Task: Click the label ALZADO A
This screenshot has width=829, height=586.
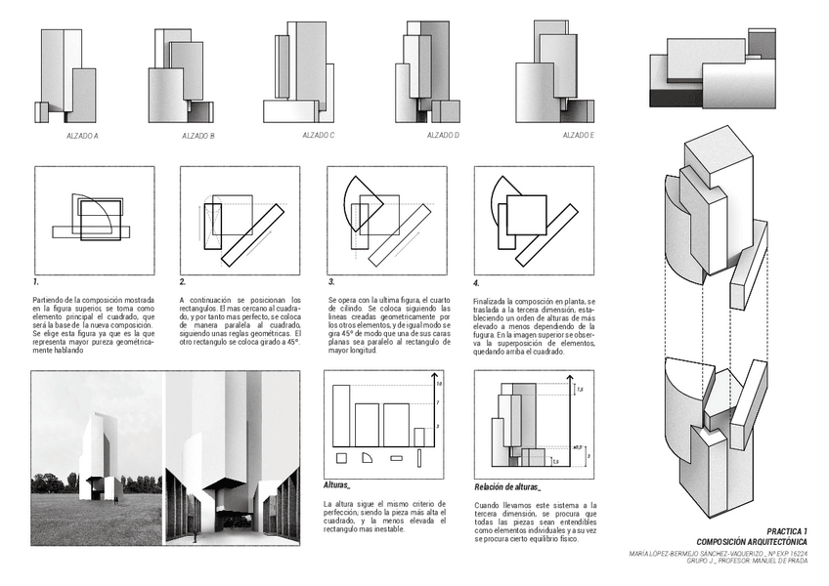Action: [82, 135]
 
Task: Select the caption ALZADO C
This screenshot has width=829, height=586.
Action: [318, 135]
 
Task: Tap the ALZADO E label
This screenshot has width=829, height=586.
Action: [577, 135]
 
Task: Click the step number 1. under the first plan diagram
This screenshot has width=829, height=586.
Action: [35, 281]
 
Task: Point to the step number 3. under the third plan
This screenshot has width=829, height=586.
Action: [331, 281]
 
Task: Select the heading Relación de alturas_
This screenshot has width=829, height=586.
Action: [506, 486]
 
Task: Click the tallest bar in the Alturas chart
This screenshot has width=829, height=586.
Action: [341, 415]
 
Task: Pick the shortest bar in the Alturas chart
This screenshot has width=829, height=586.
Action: [417, 437]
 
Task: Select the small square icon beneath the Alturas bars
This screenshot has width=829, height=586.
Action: [341, 457]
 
